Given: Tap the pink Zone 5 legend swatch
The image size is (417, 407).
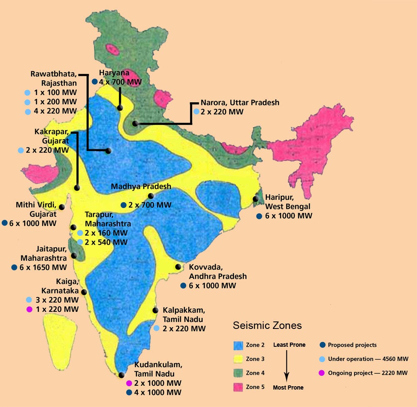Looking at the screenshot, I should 238,387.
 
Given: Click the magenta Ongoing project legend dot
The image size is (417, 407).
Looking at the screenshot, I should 322,373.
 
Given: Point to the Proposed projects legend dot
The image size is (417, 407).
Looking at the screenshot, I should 322,345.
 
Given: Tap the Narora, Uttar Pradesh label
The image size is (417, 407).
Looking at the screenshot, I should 240,103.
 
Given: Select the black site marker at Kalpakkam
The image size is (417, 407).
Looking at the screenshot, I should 155,310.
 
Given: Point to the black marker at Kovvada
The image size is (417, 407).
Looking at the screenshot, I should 178,267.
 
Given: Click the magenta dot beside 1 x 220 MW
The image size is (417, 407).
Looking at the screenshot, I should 29,309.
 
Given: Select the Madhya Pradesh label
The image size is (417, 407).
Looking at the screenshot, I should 141,187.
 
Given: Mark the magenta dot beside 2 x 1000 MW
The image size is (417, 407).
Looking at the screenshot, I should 129,383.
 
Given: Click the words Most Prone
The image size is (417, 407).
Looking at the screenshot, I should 288,387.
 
